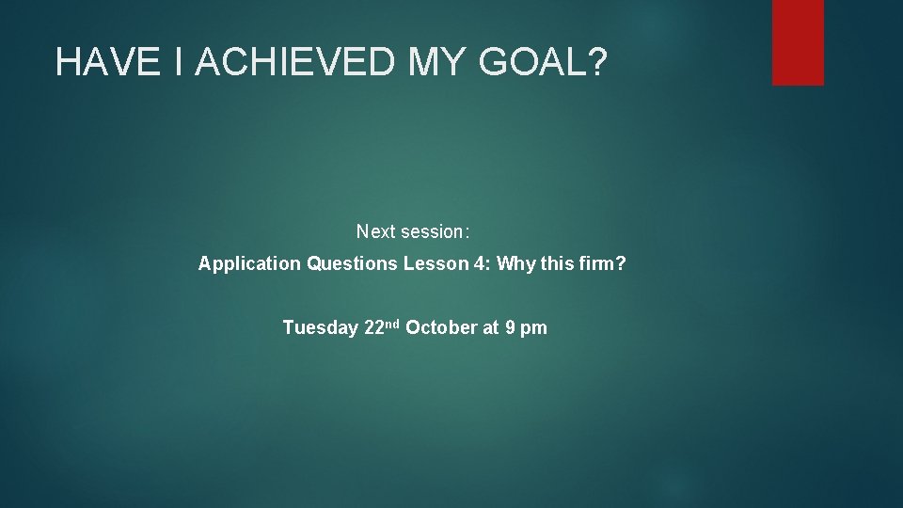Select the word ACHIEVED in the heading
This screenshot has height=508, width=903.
pos(296,62)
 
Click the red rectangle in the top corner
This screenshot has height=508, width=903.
pos(798,42)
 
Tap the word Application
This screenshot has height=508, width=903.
pos(249,264)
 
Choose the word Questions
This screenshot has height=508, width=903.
pos(353,264)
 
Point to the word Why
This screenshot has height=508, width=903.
pos(515,264)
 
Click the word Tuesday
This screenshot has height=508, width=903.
pos(320,328)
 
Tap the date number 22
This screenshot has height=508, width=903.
pos(372,328)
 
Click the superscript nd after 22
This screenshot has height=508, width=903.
pos(392,325)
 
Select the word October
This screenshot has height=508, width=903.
pos(440,328)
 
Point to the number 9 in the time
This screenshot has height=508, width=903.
pos(509,328)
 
